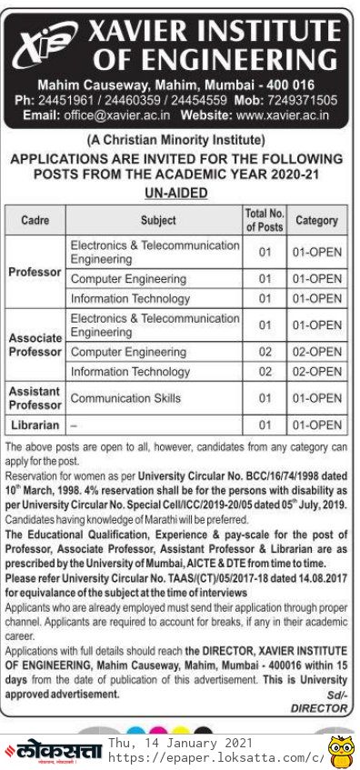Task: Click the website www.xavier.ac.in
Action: click(x=283, y=115)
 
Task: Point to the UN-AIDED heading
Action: click(x=176, y=193)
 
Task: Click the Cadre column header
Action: click(x=35, y=220)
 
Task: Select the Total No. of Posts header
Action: click(x=264, y=220)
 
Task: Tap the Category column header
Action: click(x=316, y=220)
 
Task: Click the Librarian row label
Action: click(x=35, y=425)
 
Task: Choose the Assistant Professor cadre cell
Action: click(x=35, y=398)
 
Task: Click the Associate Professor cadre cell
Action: click(x=35, y=345)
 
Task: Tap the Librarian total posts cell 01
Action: click(x=265, y=425)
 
